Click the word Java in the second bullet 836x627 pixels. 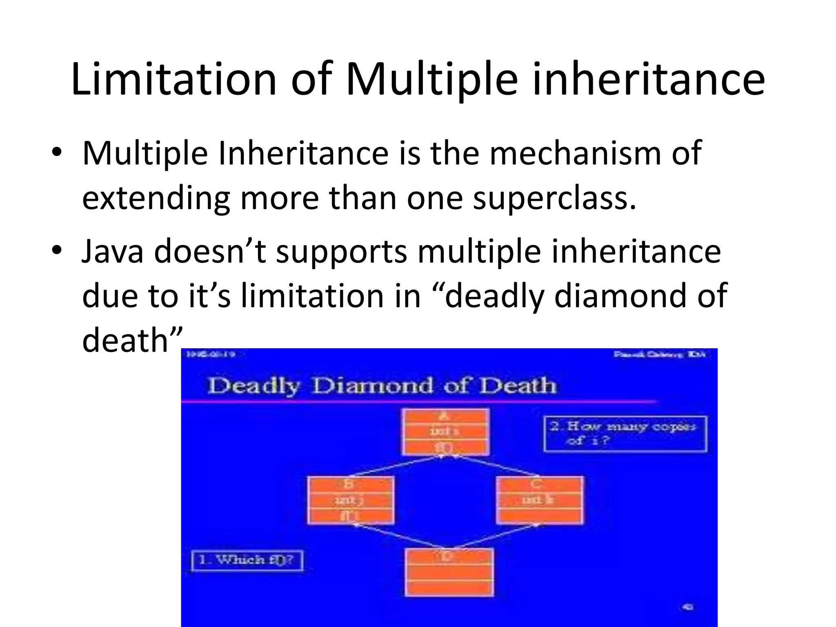[113, 251]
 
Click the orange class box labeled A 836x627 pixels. [445, 432]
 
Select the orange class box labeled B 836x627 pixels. [351, 500]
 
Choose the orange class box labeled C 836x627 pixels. [540, 500]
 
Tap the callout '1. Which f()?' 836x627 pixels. [247, 560]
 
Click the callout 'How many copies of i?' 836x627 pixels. [625, 434]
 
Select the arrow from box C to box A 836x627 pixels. [496, 466]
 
